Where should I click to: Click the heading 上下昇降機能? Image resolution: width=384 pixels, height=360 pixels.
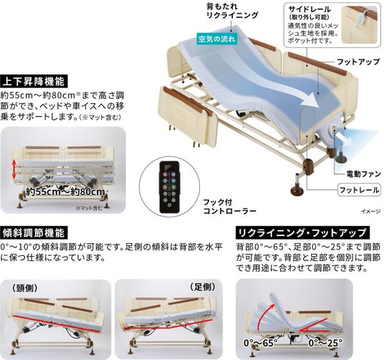pyautogui.click(x=34, y=81)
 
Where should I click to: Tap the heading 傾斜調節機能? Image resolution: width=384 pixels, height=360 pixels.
pyautogui.click(x=34, y=233)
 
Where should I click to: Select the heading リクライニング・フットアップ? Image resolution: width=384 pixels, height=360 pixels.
pyautogui.click(x=303, y=233)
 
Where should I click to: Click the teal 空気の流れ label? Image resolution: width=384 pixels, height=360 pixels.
pyautogui.click(x=217, y=39)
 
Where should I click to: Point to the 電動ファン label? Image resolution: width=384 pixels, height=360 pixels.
pyautogui.click(x=363, y=174)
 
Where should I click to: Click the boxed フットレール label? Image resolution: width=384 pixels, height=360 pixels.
pyautogui.click(x=359, y=190)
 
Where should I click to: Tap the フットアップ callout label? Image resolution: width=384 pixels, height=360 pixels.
pyautogui.click(x=358, y=62)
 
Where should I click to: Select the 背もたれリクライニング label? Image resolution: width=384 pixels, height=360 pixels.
pyautogui.click(x=232, y=11)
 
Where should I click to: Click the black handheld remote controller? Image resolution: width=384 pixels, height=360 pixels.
pyautogui.click(x=170, y=186)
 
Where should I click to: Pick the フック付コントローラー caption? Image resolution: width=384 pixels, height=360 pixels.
pyautogui.click(x=229, y=207)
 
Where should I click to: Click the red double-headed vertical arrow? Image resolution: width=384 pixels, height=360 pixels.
pyautogui.click(x=14, y=169)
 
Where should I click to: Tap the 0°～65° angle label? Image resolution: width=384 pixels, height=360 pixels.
pyautogui.click(x=261, y=343)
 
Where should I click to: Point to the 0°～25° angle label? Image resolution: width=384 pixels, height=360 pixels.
pyautogui.click(x=326, y=343)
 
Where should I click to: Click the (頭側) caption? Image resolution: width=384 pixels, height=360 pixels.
pyautogui.click(x=25, y=288)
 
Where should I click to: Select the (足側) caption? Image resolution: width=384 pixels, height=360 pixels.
pyautogui.click(x=203, y=287)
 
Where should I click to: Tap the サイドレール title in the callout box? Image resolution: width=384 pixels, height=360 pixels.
pyautogui.click(x=309, y=9)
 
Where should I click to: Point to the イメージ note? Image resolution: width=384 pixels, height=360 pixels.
pyautogui.click(x=370, y=212)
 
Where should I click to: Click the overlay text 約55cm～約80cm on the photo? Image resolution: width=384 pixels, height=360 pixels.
pyautogui.click(x=67, y=191)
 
